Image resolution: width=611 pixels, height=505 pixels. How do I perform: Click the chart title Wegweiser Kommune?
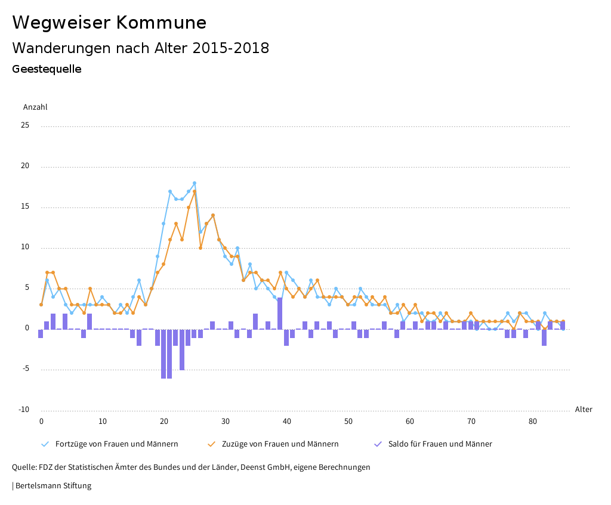[109, 23]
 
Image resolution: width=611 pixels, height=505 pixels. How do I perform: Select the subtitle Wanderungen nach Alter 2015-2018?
[140, 48]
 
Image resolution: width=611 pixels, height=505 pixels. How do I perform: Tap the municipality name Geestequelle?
[47, 69]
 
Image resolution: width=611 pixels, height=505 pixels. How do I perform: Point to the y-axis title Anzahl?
[35, 107]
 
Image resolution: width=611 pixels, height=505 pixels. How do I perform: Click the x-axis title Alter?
[584, 410]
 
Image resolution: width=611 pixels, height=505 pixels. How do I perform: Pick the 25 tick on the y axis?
[25, 126]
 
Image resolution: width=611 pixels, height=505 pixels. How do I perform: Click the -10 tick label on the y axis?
[23, 410]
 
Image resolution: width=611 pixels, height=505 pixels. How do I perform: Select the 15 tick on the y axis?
[25, 207]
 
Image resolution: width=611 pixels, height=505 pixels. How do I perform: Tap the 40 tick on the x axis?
[287, 422]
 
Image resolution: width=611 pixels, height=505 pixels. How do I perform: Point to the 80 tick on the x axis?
[532, 422]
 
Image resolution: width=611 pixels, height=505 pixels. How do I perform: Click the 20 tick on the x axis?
[164, 422]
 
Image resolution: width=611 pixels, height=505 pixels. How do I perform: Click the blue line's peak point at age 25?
[195, 183]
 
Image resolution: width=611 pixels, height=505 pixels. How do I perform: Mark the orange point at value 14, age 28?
[213, 215]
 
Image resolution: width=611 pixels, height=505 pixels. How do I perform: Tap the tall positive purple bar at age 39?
[280, 313]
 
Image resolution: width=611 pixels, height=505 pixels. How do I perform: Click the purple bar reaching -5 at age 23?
[182, 349]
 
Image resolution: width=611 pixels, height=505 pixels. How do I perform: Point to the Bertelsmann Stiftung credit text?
[53, 486]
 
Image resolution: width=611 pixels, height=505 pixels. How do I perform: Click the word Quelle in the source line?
[24, 467]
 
